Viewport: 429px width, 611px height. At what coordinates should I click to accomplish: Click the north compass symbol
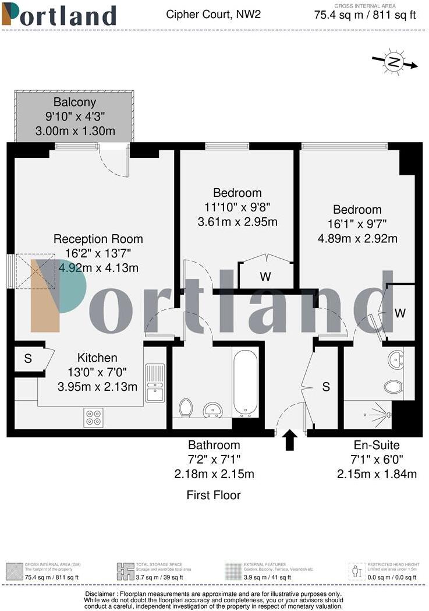coord(395,62)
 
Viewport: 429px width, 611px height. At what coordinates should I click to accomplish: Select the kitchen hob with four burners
coord(93,418)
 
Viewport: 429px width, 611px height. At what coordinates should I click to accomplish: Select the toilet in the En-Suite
coord(394,386)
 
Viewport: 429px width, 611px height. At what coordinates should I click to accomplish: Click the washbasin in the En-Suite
coord(396,359)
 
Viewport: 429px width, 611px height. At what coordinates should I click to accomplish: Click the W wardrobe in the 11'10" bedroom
coord(265,277)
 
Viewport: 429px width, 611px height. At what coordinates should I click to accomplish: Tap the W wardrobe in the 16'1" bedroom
coord(400,313)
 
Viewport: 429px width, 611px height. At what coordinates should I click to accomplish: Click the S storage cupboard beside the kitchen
coord(28,359)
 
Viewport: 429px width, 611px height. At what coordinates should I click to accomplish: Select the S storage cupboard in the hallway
coord(326,386)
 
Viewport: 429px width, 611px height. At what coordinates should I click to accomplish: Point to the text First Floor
coord(213,495)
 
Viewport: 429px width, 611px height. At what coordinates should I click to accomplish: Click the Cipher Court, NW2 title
coord(213,13)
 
